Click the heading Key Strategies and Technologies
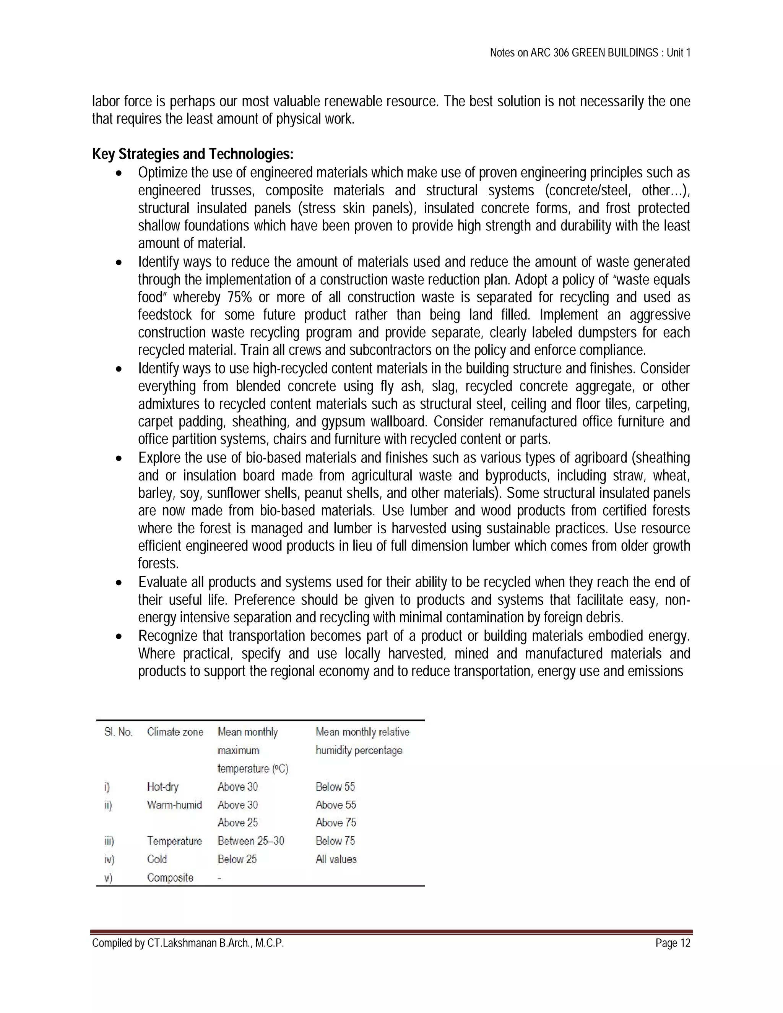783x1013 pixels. coord(193,154)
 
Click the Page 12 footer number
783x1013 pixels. coord(673,943)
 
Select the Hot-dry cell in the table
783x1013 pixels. coord(162,787)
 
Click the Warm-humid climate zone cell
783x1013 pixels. coord(174,805)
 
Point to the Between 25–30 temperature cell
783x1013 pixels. coord(250,841)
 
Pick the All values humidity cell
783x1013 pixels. coord(336,859)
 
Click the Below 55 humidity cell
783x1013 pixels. coord(335,787)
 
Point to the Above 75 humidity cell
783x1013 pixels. coord(335,822)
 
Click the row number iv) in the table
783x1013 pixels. coord(109,859)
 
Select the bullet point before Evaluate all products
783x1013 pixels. coord(119,583)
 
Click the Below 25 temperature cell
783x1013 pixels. coord(237,859)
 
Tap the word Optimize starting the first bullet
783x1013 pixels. coord(162,172)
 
